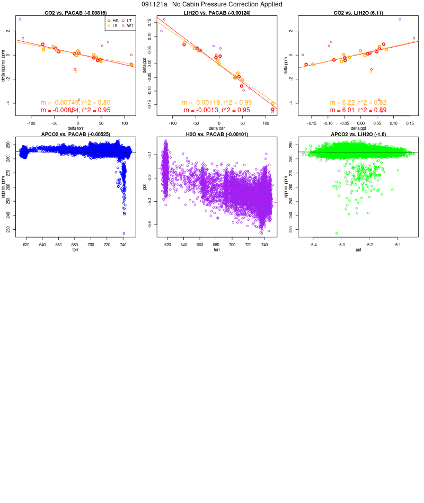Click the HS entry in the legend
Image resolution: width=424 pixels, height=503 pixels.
[116, 20]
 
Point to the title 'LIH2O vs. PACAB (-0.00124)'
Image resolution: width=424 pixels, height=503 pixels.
[216, 12]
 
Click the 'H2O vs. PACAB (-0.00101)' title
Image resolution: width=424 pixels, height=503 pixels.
[216, 134]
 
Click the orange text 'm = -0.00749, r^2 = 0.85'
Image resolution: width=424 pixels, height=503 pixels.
[75, 103]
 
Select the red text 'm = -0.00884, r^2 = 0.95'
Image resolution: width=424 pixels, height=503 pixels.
[75, 110]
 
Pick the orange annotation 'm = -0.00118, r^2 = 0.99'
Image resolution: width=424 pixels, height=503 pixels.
[216, 103]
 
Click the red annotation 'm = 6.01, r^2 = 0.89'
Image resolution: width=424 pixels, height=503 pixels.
[358, 110]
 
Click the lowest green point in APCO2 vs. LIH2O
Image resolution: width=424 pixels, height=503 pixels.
[337, 233]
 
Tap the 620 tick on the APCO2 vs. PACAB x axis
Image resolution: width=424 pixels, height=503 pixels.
[26, 245]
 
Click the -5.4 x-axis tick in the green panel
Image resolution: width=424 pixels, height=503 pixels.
[313, 245]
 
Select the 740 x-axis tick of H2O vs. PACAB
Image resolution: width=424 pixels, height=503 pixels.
[264, 245]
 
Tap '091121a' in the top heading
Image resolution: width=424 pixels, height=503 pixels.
[154, 4]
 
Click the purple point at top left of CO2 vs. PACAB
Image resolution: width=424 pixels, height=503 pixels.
[20, 19]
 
